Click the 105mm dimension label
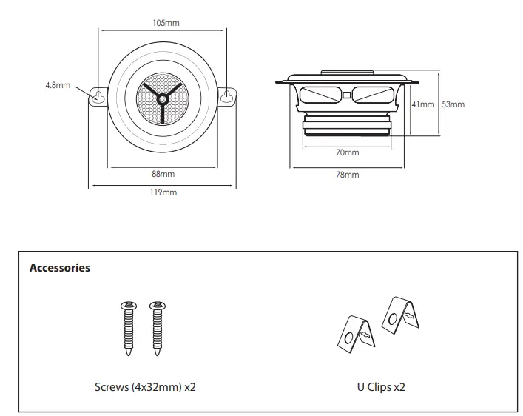tap(166, 23)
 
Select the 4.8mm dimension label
tap(57, 85)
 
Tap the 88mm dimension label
tap(163, 174)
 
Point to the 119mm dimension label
tap(164, 192)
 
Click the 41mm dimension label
tap(423, 104)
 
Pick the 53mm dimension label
tap(453, 104)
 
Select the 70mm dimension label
tap(347, 152)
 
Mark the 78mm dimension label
tap(347, 175)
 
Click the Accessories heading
tap(59, 268)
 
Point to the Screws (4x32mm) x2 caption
tap(145, 386)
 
